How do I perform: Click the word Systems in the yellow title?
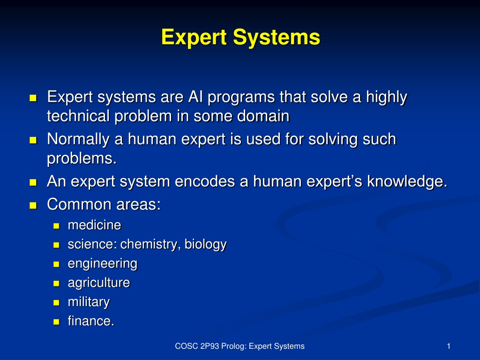277,37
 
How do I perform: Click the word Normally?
78,140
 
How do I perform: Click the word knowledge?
407,182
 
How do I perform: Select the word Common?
80,204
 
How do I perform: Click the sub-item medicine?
95,225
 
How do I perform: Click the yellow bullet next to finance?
56,322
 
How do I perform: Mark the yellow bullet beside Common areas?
33,205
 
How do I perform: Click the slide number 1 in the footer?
449,346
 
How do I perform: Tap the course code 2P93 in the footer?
210,346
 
